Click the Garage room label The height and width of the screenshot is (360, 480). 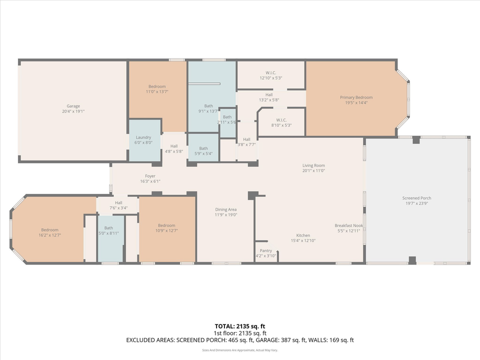point(73,106)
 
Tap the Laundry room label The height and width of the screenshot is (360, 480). point(143,137)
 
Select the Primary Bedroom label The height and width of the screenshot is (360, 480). point(356,97)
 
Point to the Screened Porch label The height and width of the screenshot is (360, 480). point(416,198)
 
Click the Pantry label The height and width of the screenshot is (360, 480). point(266,250)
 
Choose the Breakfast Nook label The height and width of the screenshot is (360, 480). point(349,225)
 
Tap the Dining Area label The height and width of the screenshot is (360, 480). point(226,209)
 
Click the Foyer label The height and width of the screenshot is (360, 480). point(150,176)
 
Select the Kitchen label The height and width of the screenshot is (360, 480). point(303,235)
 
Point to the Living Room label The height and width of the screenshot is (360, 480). point(313,165)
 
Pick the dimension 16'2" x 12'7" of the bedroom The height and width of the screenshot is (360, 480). point(50,235)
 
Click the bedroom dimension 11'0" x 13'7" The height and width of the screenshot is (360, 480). point(156,92)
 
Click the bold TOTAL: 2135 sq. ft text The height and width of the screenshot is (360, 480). point(240,325)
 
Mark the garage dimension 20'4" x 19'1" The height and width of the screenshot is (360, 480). point(73,111)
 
